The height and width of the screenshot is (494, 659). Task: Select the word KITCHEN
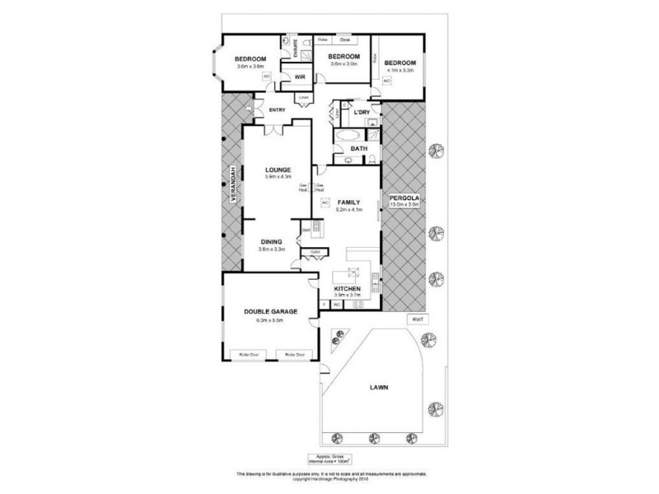click(x=347, y=288)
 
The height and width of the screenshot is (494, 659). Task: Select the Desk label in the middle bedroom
click(x=345, y=39)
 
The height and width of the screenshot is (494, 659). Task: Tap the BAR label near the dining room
click(x=305, y=229)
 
